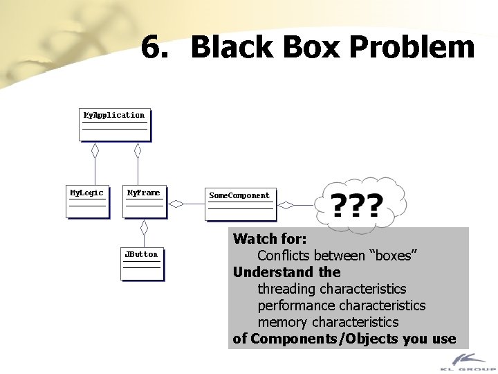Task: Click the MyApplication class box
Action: point(115,123)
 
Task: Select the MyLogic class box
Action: point(88,201)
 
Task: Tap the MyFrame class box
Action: point(144,201)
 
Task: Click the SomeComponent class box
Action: point(240,204)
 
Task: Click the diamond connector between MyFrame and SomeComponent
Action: point(178,204)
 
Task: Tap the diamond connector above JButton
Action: point(145,226)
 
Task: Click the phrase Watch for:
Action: point(270,240)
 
